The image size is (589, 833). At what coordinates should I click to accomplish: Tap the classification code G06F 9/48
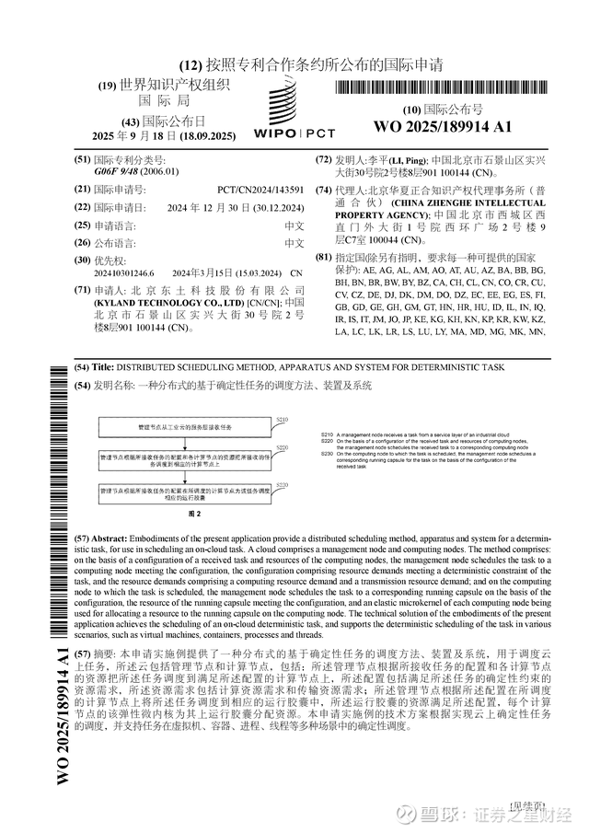pos(118,171)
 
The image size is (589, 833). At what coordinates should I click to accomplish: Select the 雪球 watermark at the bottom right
pos(436,814)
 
